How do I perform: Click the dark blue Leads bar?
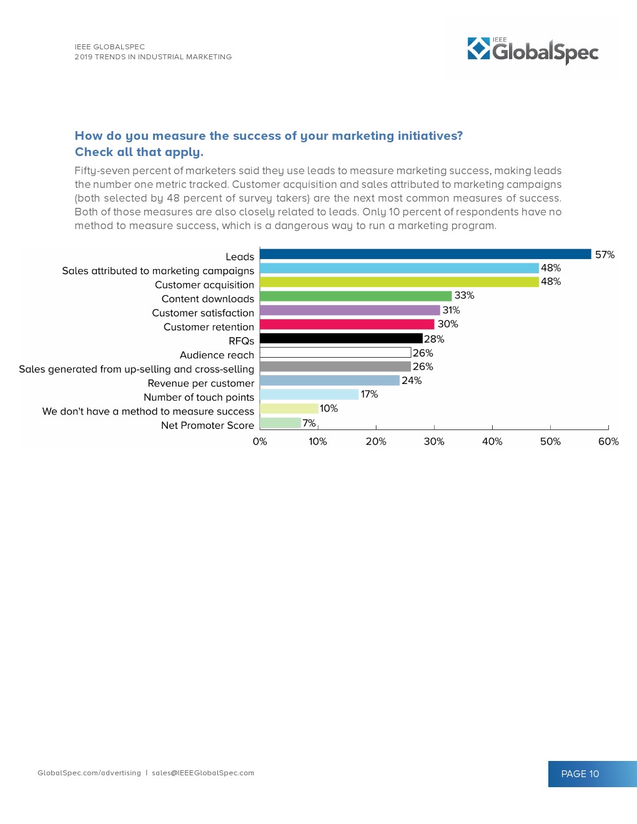tap(425, 254)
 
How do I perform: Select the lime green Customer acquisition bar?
tap(399, 282)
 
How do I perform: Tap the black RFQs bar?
tap(341, 338)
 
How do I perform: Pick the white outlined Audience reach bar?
tap(335, 353)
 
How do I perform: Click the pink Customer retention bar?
tap(347, 325)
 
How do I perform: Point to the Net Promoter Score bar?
tap(280, 423)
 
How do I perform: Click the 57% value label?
tap(605, 255)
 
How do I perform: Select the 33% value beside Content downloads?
tap(464, 295)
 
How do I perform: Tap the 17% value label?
tap(369, 394)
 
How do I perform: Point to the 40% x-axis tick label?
tap(492, 441)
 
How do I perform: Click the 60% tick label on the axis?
tap(608, 441)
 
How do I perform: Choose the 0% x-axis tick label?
tap(260, 441)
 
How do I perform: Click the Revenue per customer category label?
tap(201, 383)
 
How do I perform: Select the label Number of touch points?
tap(199, 397)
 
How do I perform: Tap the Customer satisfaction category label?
tap(203, 313)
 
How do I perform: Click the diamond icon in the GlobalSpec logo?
tap(479, 49)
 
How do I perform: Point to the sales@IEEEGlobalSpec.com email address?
tap(203, 773)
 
